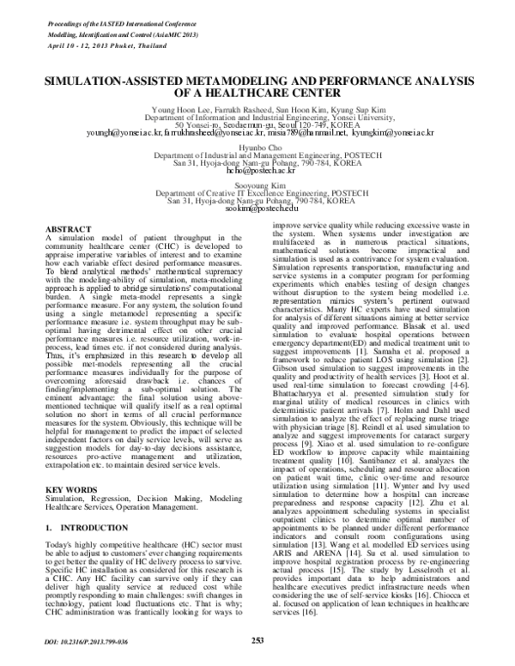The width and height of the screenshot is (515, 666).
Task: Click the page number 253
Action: click(x=257, y=639)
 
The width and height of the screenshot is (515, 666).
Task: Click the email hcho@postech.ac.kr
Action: click(x=257, y=170)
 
